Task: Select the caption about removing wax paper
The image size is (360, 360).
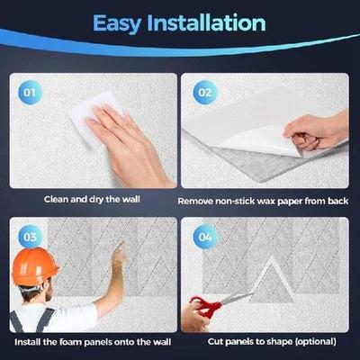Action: click(263, 201)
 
